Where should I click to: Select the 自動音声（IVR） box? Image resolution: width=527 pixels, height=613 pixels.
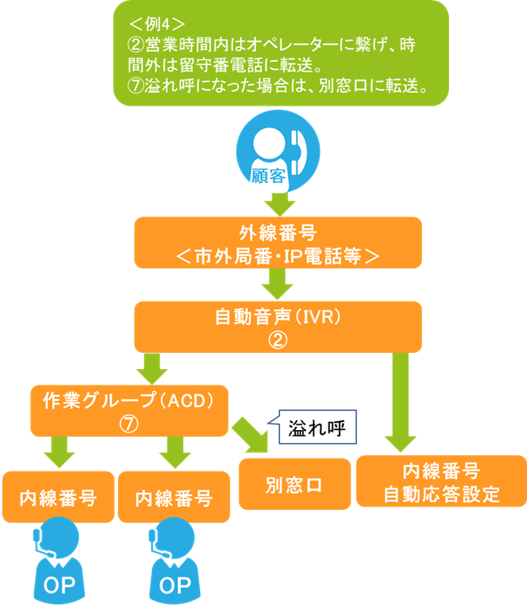click(278, 327)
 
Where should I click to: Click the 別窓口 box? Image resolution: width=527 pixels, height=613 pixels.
click(294, 485)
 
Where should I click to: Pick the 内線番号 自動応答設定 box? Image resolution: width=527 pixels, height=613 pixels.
click(441, 483)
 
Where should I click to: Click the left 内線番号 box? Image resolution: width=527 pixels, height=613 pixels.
click(57, 497)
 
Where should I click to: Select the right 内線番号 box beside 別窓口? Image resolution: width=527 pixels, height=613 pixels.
click(173, 497)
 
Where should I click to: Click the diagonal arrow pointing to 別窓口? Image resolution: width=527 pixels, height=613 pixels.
click(253, 436)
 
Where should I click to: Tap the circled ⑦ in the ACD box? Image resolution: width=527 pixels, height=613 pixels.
click(128, 423)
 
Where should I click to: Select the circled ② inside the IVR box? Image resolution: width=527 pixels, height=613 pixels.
click(277, 340)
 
